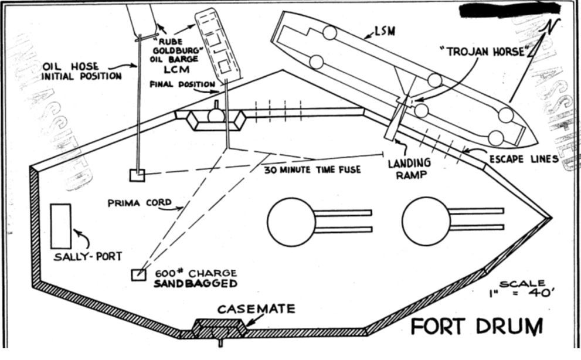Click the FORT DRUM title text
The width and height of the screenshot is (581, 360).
(x=476, y=325)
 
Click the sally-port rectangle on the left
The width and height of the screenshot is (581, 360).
(x=61, y=226)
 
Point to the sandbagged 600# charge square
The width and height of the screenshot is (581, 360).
(x=138, y=274)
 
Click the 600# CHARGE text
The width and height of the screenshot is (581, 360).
(x=195, y=273)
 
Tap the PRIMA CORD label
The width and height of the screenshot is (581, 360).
(x=140, y=203)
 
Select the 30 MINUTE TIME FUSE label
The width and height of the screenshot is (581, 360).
(x=305, y=171)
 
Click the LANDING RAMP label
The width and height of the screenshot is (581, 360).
(x=409, y=168)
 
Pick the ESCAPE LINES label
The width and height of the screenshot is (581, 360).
(x=524, y=159)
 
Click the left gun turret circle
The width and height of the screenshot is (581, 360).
(x=291, y=221)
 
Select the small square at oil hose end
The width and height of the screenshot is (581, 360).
(x=137, y=175)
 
